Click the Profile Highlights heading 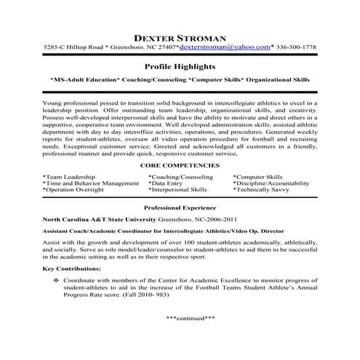(x=180, y=65)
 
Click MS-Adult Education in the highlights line (x=83, y=79)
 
